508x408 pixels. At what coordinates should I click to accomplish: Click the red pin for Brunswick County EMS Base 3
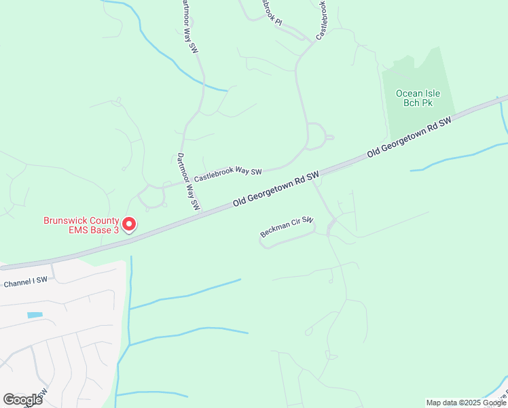point(128,224)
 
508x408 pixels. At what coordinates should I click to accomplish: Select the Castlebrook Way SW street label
point(228,174)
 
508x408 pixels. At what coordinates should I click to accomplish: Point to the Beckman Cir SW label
point(287,228)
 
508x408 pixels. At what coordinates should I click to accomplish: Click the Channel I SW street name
point(25,280)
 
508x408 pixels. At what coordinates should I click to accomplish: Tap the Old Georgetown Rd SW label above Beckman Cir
point(276,190)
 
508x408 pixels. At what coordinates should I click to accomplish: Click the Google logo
point(22,399)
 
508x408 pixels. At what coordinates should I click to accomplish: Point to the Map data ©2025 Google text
point(465,403)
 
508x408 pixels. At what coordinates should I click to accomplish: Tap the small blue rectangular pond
point(35,315)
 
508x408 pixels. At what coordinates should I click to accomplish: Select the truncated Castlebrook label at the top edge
point(326,19)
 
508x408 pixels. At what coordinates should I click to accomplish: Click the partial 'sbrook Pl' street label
point(270,12)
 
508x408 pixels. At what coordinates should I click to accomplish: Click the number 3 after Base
point(115,230)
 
